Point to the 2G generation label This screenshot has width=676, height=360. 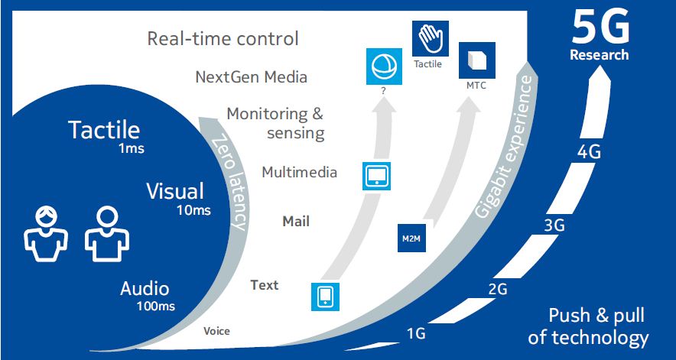(x=498, y=288)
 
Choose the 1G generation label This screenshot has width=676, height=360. (x=416, y=333)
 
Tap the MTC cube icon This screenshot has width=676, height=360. (x=476, y=60)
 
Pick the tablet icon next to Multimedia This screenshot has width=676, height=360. (x=376, y=174)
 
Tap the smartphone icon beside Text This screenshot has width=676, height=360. (x=324, y=296)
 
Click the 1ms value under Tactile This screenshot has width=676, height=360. (x=130, y=148)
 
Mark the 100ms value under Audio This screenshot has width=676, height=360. (x=155, y=306)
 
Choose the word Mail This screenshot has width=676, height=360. (x=296, y=222)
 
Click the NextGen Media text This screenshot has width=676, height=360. (x=252, y=76)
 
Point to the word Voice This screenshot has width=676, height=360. (x=216, y=331)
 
